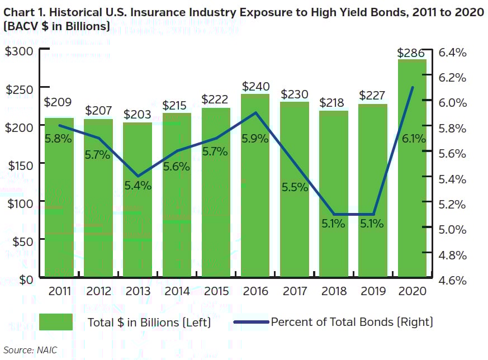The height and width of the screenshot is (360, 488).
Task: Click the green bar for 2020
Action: (x=412, y=168)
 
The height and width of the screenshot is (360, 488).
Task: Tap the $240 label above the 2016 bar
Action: (x=255, y=87)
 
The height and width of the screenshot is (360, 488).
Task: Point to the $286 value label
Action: (x=411, y=53)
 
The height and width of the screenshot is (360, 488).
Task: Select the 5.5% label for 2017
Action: (x=295, y=187)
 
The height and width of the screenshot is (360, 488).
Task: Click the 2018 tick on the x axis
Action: (x=333, y=291)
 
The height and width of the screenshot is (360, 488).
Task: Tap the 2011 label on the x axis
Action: (x=59, y=291)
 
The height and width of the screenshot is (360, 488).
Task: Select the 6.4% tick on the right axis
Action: (x=452, y=53)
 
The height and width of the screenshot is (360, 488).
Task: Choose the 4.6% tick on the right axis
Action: (x=452, y=280)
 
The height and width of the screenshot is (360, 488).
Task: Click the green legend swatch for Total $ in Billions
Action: (x=55, y=322)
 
